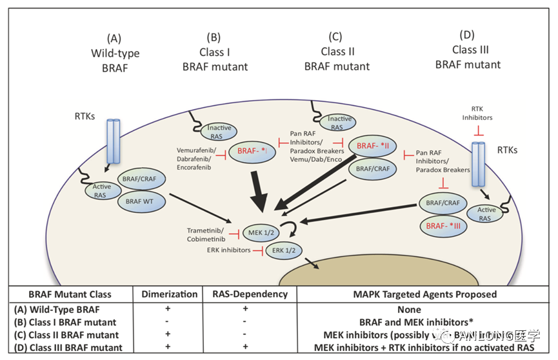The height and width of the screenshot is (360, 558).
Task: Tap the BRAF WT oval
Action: click(x=137, y=202)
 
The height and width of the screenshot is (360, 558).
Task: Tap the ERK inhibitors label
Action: click(x=228, y=250)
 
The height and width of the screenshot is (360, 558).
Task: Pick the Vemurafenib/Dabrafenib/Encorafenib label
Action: click(x=198, y=157)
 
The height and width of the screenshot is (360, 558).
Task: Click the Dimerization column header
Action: click(x=169, y=294)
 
